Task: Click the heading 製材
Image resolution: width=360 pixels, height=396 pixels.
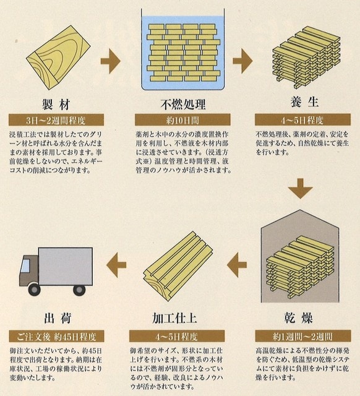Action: tap(56, 105)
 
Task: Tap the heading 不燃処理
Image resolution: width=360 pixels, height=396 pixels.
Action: tap(182, 105)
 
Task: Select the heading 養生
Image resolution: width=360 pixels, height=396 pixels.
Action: tap(304, 102)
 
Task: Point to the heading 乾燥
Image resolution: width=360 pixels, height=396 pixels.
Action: tap(298, 317)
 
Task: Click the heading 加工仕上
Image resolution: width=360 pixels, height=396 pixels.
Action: tap(174, 318)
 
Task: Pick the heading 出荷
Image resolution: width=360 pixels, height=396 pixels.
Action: tap(58, 318)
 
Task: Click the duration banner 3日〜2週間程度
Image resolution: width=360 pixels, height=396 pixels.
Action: tap(56, 120)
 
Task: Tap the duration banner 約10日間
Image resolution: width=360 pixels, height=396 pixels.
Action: tap(182, 120)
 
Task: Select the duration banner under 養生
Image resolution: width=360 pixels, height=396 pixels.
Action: tap(302, 120)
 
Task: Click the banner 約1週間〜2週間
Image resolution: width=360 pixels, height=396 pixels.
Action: tap(303, 337)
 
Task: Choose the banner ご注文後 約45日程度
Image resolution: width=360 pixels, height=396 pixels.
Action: tap(56, 337)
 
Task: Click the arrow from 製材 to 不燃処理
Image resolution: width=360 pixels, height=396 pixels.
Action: tap(110, 61)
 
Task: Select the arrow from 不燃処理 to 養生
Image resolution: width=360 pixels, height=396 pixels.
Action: tap(242, 61)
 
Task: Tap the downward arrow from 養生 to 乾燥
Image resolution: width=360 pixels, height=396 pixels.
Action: tap(300, 188)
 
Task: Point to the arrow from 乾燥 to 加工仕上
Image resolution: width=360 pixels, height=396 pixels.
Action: tap(237, 265)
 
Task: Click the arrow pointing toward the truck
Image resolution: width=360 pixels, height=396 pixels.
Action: tap(116, 265)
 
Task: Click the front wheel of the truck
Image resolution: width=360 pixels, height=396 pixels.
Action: tap(35, 289)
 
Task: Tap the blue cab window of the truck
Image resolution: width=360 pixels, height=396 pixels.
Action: tap(25, 265)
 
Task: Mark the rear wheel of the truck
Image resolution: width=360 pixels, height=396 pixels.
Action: tap(79, 290)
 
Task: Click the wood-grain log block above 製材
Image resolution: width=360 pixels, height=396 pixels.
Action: tap(58, 58)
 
